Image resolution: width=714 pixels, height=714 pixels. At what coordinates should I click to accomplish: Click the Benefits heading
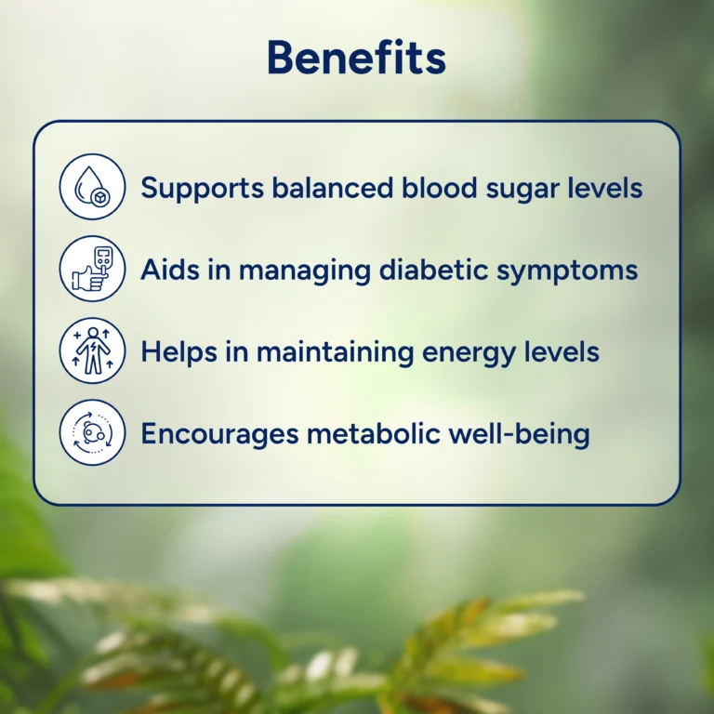(x=357, y=57)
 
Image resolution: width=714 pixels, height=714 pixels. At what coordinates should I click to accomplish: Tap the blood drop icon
(x=92, y=187)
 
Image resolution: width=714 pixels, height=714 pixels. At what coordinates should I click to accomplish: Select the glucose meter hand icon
(x=92, y=269)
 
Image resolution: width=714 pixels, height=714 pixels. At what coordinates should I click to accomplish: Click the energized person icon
(x=92, y=350)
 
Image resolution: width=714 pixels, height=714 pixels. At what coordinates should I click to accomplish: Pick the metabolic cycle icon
(x=92, y=432)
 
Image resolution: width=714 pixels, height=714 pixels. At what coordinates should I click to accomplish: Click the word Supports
(x=202, y=189)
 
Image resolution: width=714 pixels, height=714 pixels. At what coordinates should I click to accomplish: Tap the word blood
(x=439, y=187)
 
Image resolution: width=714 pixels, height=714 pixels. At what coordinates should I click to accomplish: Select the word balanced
(x=333, y=187)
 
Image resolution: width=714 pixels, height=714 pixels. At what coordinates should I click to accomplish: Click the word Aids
(x=170, y=269)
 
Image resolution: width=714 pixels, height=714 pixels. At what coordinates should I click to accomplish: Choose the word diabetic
(x=433, y=269)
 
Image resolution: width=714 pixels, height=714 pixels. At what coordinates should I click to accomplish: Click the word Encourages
(x=220, y=434)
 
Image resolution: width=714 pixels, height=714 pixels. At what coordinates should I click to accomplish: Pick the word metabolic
(x=374, y=432)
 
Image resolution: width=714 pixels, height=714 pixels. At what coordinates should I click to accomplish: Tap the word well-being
(x=519, y=434)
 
